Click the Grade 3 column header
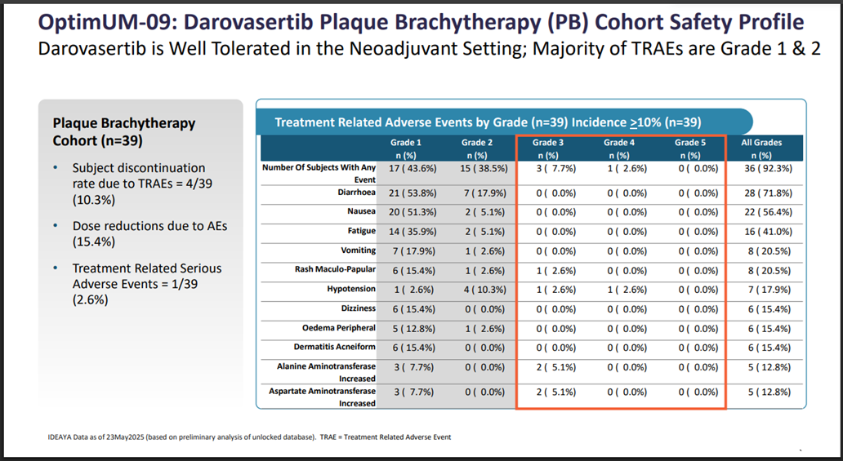tap(548, 148)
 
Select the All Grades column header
tap(761, 148)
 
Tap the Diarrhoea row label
tap(356, 193)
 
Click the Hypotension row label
tap(351, 289)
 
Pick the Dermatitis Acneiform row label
tap(334, 347)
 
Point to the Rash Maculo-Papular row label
tap(335, 269)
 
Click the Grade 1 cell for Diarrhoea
tap(413, 193)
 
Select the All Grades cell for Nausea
tap(769, 212)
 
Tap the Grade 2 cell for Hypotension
tap(485, 290)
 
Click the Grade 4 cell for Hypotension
tap(627, 290)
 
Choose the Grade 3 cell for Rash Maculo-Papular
tap(556, 270)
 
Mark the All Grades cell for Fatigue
tap(769, 232)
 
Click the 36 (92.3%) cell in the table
tap(769, 168)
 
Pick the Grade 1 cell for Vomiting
tap(413, 251)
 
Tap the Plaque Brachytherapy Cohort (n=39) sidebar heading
tap(124, 131)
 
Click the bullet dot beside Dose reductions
tap(56, 226)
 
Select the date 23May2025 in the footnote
tap(125, 437)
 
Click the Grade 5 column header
tap(690, 148)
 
